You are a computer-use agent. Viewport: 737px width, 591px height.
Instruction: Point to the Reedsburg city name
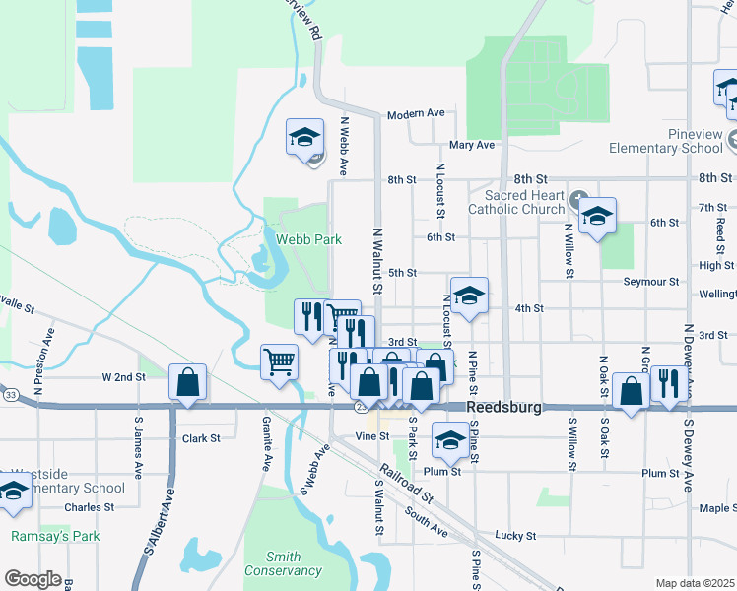pos(504,407)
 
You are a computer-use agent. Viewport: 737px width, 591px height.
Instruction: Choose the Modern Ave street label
pos(416,114)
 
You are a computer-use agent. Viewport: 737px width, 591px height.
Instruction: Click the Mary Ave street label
pos(471,145)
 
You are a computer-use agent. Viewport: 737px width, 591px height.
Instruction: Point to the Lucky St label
pos(515,536)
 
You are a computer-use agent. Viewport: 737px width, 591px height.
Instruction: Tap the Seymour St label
pos(651,282)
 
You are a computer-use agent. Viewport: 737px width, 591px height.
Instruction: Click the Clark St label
pos(201,437)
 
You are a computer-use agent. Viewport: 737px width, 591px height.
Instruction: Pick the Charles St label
pos(90,507)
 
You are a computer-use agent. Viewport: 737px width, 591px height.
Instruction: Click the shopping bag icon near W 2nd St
pos(187,383)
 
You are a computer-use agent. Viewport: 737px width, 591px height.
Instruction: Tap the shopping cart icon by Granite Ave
pos(280,361)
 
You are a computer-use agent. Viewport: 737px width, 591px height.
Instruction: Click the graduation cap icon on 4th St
pos(469,295)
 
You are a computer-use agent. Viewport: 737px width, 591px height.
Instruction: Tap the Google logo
pos(33,579)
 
